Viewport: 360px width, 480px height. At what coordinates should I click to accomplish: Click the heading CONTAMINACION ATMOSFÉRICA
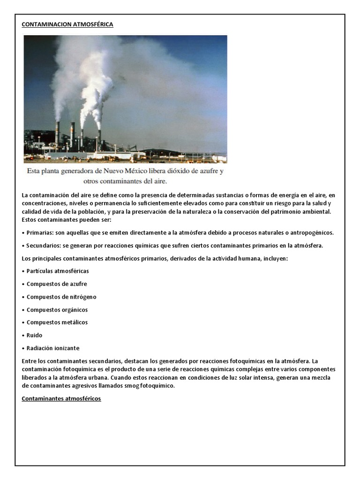point(67,24)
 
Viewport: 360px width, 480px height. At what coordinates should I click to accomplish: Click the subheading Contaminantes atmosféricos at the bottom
point(61,398)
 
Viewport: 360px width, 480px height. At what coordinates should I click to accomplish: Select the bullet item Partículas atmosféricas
point(58,271)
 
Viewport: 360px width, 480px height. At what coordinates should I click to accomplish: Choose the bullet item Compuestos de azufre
point(57,284)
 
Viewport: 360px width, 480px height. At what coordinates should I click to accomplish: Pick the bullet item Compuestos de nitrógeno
point(61,297)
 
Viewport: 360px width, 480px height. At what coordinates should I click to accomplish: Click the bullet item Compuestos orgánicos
point(57,309)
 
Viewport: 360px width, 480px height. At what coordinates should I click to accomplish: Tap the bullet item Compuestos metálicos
point(57,322)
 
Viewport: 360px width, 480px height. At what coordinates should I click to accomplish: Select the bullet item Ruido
point(34,335)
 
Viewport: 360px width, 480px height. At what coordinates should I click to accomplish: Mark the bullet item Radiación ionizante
point(53,348)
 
